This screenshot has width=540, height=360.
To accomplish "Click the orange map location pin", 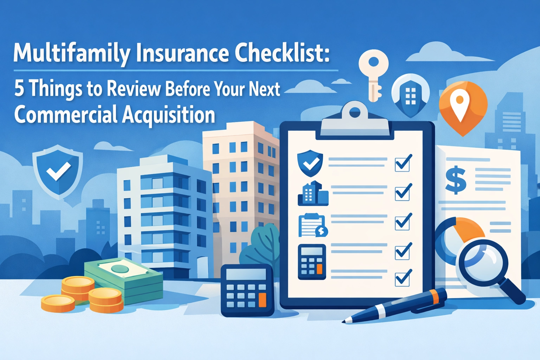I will [463, 105].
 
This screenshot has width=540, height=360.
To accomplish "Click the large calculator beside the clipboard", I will [247, 290].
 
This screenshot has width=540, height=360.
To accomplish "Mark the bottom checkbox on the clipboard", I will [403, 278].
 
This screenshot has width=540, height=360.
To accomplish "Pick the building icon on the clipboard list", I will [313, 193].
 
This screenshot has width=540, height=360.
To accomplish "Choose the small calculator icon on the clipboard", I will [312, 262].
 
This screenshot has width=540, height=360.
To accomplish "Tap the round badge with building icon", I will [410, 95].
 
